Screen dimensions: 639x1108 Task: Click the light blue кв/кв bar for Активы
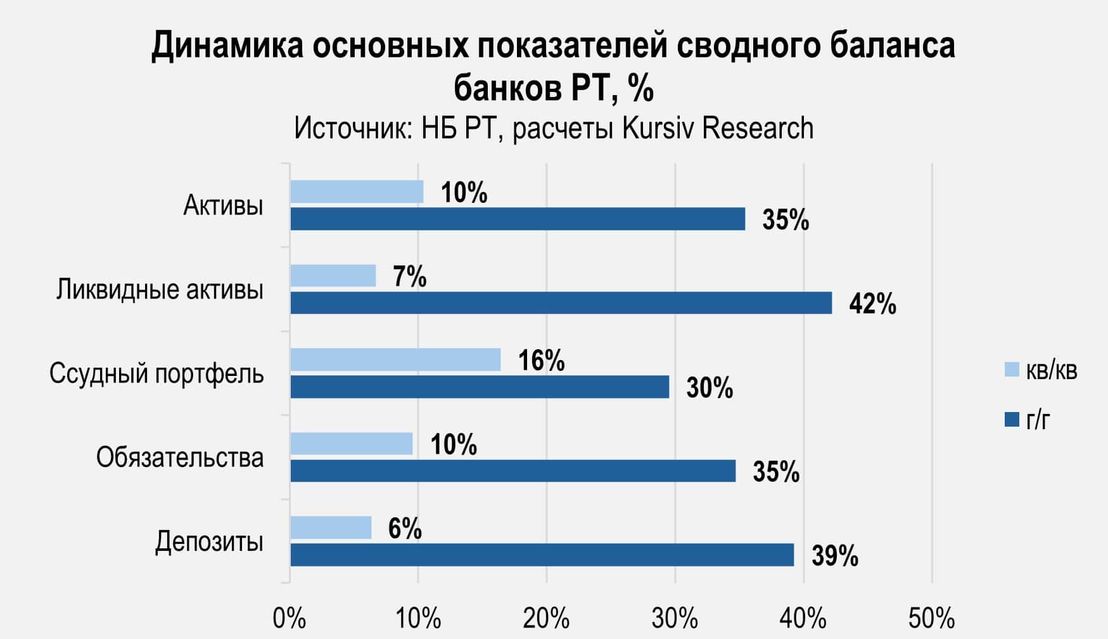pos(357,191)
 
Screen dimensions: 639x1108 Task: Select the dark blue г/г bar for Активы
pos(518,219)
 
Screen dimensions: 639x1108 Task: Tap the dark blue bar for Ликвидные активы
pos(561,303)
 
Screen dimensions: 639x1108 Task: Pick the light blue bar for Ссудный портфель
pos(395,359)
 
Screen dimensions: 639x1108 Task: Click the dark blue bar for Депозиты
pos(542,555)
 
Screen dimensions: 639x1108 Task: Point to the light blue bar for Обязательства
pos(352,444)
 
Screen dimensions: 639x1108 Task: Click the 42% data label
pos(872,304)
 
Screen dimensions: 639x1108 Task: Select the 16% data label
pos(541,361)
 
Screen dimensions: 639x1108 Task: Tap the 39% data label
pos(835,556)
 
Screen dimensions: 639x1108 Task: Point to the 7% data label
pos(409,277)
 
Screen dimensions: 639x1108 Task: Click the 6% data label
pos(405,529)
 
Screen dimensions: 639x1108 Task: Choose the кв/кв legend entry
pos(1041,370)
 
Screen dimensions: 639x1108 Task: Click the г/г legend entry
pos(1028,420)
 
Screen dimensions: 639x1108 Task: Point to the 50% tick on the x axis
pos(932,618)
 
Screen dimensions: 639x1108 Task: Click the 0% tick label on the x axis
pos(289,618)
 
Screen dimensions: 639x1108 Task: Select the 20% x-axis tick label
pos(546,618)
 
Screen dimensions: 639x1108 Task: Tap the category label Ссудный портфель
pos(156,373)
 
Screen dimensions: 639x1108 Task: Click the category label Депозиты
pos(209,542)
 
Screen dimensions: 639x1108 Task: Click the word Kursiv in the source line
pos(659,128)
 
